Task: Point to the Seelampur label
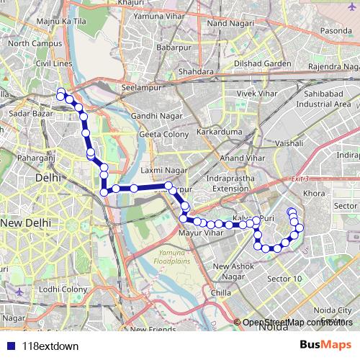point(140,88)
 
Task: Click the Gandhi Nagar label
point(154,115)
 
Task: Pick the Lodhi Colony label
point(63,289)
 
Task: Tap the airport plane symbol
point(19,294)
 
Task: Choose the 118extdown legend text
point(50,346)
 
